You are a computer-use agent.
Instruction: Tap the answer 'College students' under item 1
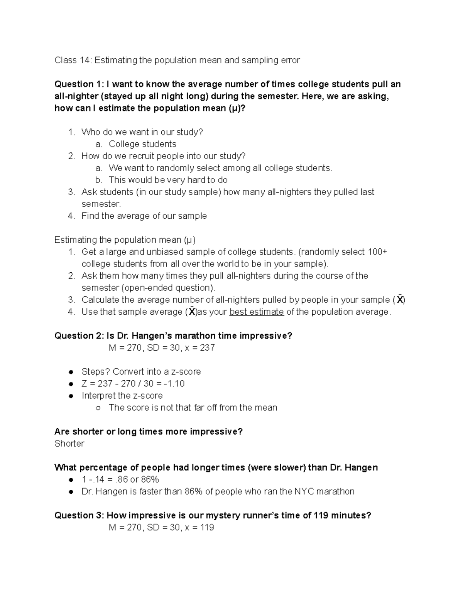142,144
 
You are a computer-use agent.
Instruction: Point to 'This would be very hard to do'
168,180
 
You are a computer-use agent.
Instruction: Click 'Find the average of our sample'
144,216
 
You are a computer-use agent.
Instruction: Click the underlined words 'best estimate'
257,312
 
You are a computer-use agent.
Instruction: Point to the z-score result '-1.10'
174,383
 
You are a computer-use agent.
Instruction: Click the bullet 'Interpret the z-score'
122,395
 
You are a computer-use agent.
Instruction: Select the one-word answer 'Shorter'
69,444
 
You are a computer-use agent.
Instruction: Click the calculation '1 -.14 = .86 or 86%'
120,479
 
